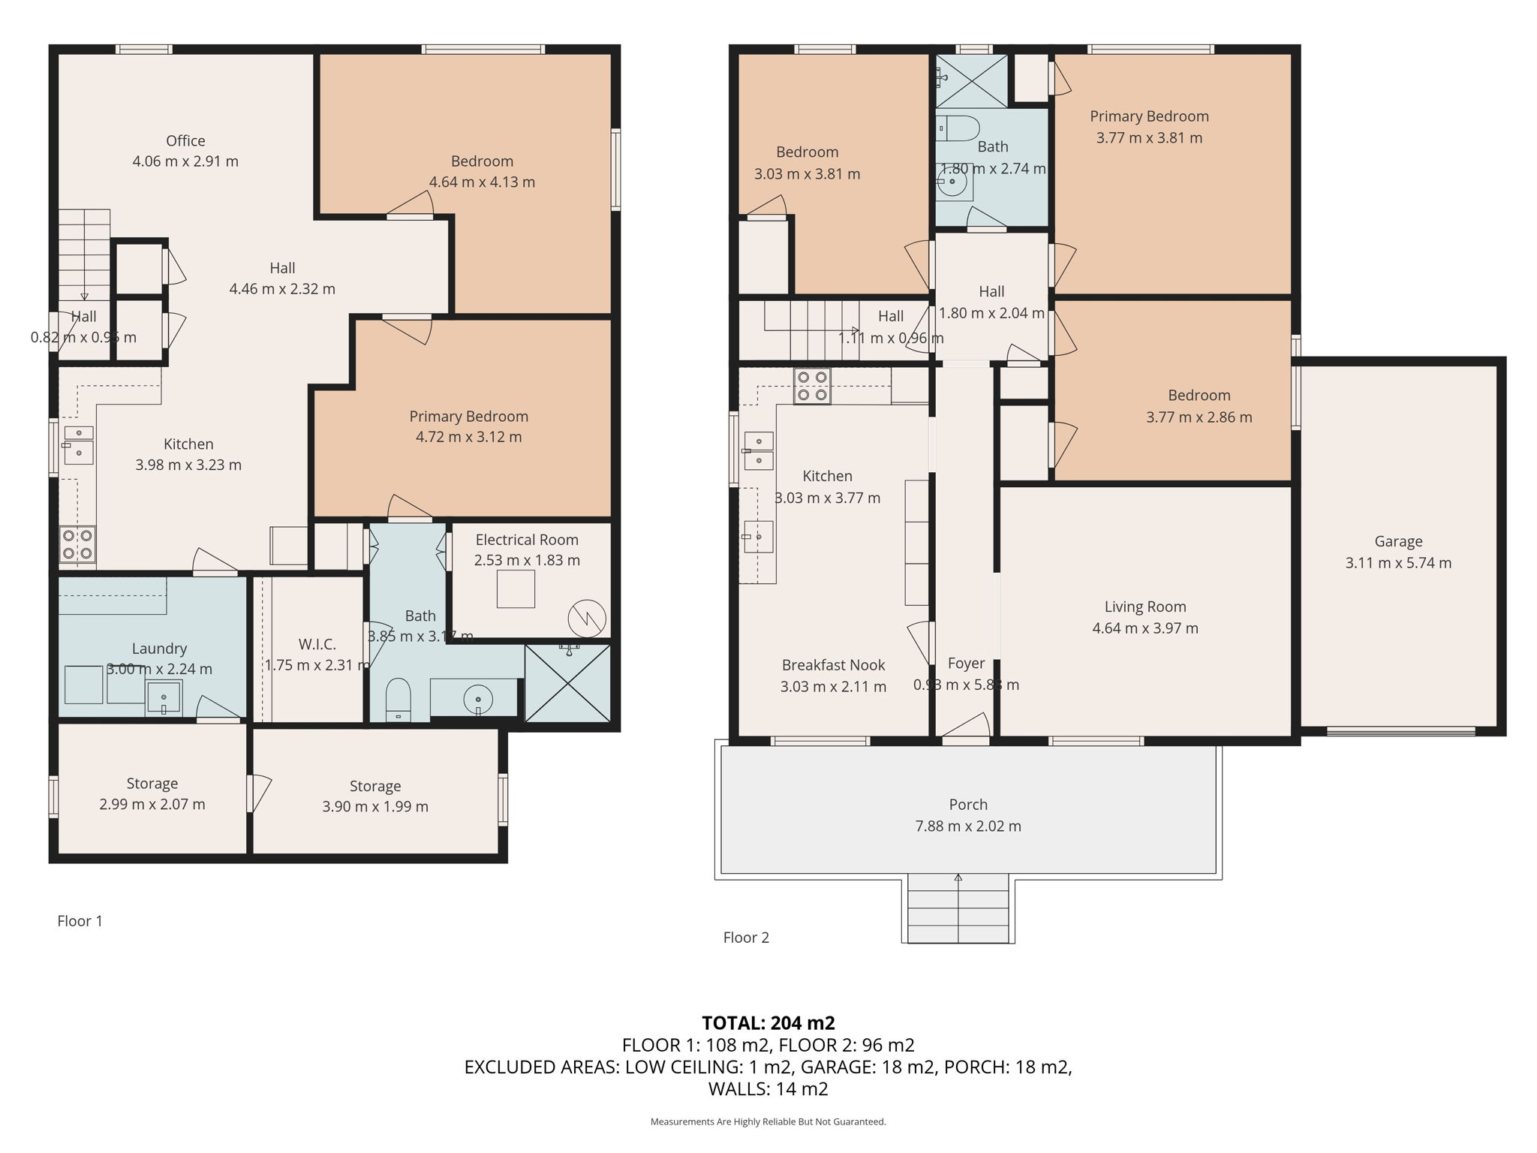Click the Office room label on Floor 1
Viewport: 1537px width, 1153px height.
(x=185, y=141)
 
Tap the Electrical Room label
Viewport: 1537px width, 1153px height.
(x=527, y=540)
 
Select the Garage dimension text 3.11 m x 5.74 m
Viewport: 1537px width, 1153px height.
(x=1398, y=563)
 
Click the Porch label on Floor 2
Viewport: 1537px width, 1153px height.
(x=968, y=805)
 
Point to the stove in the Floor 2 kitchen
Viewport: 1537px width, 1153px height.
(x=812, y=386)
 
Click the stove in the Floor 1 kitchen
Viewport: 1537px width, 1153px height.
(x=77, y=544)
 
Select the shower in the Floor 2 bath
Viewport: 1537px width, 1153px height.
(x=971, y=80)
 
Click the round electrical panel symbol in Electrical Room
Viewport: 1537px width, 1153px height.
(x=587, y=619)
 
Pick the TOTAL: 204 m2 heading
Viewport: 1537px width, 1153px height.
(x=768, y=1023)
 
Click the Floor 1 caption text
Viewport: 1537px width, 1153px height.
(x=80, y=921)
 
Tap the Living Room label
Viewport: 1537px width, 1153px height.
(x=1145, y=607)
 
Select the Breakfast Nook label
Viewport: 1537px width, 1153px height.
(x=833, y=665)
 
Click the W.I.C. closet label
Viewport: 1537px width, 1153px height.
(x=317, y=644)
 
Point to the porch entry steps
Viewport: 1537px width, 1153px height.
(x=958, y=909)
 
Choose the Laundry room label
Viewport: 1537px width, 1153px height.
(x=159, y=649)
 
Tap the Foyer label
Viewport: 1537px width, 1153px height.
(x=966, y=664)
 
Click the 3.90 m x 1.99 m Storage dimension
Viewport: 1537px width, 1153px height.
(x=375, y=807)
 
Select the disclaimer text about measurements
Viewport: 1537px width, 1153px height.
(x=768, y=1122)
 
